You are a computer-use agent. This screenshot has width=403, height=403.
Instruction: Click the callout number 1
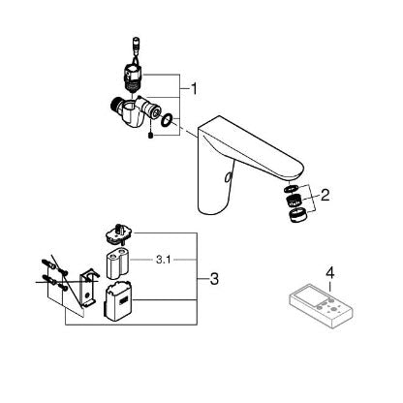click(194, 89)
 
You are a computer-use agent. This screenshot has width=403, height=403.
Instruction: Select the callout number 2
click(325, 195)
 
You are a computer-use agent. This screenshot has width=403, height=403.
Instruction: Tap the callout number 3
click(214, 279)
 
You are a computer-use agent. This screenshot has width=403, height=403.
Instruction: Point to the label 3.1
click(163, 260)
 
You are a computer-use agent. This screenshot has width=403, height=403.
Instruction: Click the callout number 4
click(329, 273)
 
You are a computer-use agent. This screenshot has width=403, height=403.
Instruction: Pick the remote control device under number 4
click(321, 305)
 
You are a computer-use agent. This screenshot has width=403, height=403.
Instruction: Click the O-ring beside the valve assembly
click(167, 121)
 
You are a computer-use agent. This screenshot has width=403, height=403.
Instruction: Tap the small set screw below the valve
click(150, 136)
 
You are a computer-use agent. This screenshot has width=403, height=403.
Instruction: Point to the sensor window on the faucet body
click(228, 176)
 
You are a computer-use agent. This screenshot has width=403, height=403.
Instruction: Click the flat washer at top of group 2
click(292, 189)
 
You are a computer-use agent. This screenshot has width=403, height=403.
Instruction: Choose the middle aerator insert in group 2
click(294, 201)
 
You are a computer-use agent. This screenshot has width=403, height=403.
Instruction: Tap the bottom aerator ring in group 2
click(296, 215)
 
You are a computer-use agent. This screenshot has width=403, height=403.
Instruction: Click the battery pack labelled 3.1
click(116, 263)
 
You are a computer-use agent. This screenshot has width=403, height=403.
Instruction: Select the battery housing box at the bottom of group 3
click(118, 301)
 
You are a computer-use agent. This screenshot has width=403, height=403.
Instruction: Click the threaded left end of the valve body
click(112, 106)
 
